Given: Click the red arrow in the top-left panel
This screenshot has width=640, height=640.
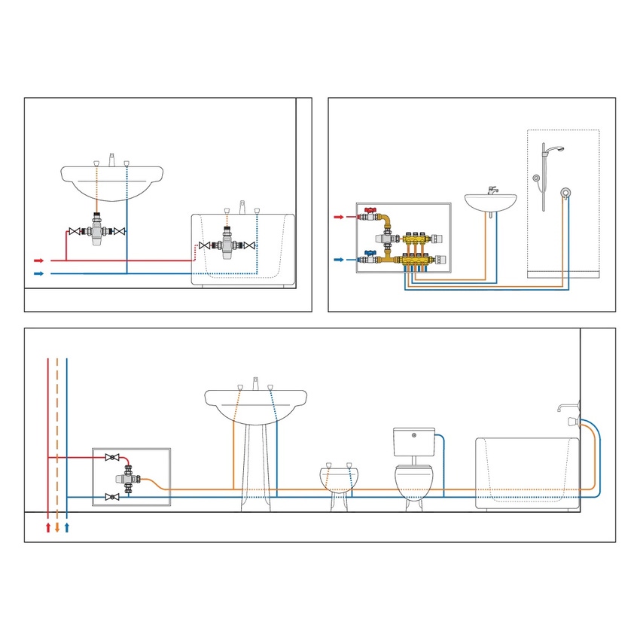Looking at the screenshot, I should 39,261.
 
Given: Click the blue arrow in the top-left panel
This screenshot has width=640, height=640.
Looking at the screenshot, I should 39,273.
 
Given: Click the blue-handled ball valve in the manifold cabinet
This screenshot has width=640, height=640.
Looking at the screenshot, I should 368,256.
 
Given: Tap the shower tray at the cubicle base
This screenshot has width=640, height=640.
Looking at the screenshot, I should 563,274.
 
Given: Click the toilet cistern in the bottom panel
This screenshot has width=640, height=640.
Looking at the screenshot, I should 414,440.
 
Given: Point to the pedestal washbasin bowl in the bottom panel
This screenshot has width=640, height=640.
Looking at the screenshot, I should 256,407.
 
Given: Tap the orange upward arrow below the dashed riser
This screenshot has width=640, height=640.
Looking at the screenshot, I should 57,527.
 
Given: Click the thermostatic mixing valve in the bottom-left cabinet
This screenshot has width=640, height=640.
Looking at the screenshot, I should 125,479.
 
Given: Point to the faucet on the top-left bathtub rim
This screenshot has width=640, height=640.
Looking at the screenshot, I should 242,207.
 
